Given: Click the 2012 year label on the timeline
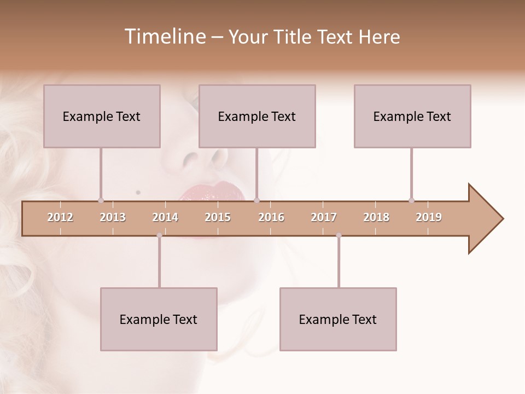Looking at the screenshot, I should coord(60,217).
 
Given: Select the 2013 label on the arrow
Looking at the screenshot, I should coord(113,217).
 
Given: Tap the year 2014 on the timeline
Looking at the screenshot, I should coord(165,217).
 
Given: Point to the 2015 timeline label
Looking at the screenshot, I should coord(218,217).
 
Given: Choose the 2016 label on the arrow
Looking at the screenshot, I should coord(271,217).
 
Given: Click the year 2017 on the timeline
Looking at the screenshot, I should coord(324,217).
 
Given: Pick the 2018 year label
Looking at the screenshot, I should coord(376,217).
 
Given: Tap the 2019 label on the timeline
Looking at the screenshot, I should coord(429,217).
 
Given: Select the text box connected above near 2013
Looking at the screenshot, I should coord(102,116).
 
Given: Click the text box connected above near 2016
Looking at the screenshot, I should coord(257,116).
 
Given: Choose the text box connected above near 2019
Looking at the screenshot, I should coord(412,116).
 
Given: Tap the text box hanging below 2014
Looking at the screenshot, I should coord(159,319).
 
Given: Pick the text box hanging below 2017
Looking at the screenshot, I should coord(338,319).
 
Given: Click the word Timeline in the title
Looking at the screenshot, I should coord(164,37).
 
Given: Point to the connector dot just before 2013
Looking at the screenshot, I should coord(101,200).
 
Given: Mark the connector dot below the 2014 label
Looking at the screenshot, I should coord(159,235).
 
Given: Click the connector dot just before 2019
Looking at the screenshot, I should coord(411,200).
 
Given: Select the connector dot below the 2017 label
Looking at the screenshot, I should coord(339,235).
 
